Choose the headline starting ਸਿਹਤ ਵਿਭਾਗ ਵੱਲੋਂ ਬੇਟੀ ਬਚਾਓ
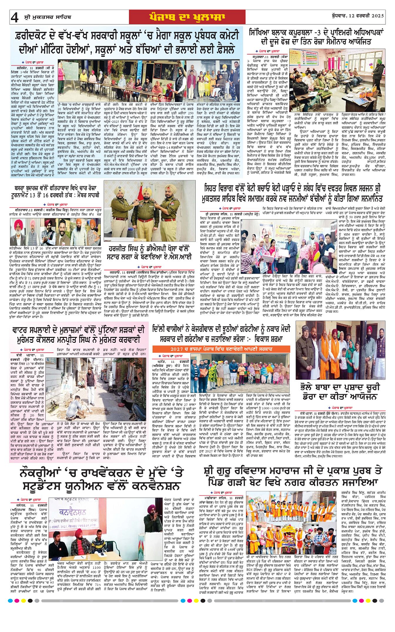click(x=294, y=190)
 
